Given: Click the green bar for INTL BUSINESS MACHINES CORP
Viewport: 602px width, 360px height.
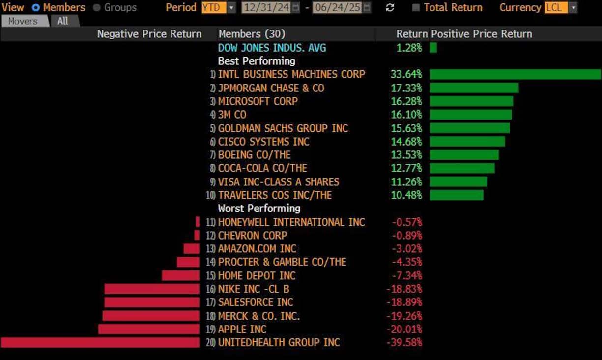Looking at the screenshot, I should (515, 74).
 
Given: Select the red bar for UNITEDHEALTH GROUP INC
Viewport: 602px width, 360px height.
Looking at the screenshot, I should (100, 342).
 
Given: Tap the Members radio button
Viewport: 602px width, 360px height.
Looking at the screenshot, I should (36, 8).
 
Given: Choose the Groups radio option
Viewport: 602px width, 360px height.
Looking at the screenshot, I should (96, 8).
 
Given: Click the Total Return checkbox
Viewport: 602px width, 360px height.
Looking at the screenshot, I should (416, 8).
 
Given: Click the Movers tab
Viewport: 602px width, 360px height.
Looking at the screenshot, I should (23, 21).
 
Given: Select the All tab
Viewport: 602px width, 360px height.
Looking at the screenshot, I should (63, 21).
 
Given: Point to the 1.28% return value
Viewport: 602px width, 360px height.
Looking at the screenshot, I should (409, 48).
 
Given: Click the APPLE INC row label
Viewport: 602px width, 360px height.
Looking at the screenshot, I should (242, 329).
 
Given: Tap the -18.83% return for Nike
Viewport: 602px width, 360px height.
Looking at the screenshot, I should (404, 289).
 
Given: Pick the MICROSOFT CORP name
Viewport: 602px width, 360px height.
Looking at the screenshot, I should (258, 101).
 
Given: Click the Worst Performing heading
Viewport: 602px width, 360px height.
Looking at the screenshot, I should (259, 209).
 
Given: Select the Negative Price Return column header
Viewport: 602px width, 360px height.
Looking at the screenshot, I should (149, 34).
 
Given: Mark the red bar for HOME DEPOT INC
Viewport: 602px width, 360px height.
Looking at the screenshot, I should (180, 275).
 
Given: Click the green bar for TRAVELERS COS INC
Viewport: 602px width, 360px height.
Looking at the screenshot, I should (456, 195).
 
